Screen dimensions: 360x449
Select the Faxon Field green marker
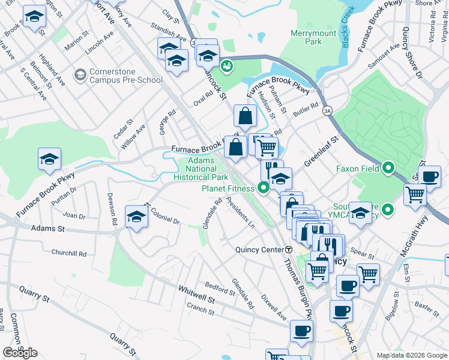[x=388, y=169]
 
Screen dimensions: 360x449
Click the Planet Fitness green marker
[x=264, y=188]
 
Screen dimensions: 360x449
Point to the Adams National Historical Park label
[x=200, y=169]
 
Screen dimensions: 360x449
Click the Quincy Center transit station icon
[x=289, y=250]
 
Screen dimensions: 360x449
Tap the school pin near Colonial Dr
[x=136, y=217]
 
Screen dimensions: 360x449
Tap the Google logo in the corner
[x=20, y=353]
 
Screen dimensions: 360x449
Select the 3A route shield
[x=327, y=111]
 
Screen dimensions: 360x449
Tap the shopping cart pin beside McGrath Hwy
[x=415, y=195]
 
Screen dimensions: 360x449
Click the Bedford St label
[x=220, y=287]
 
